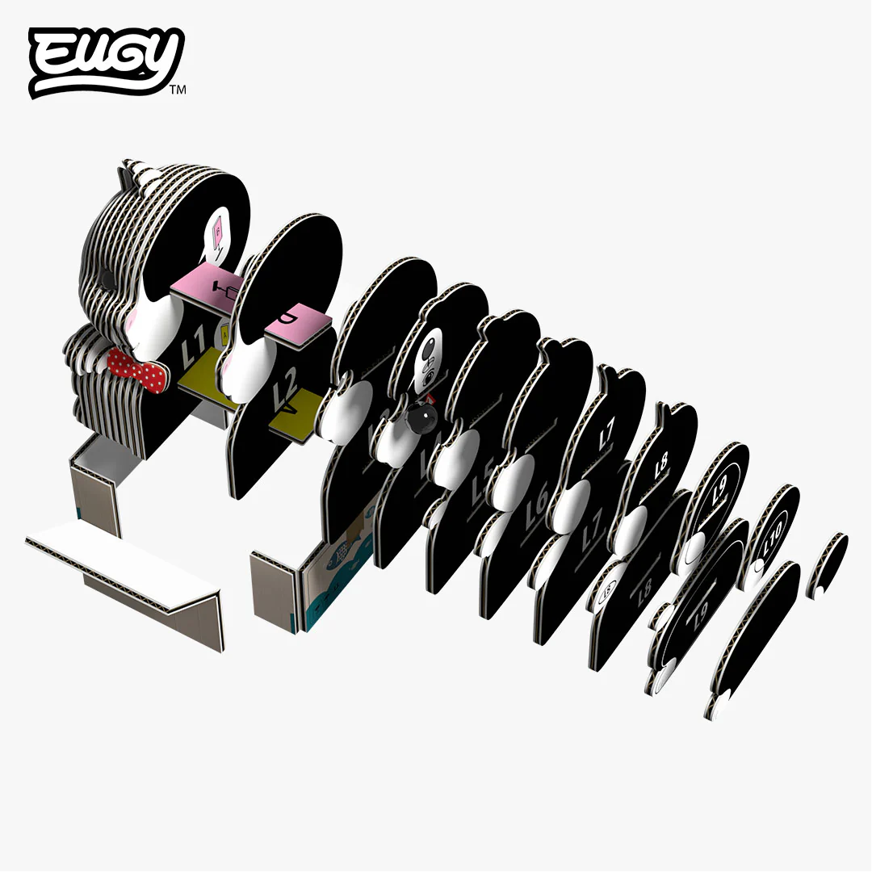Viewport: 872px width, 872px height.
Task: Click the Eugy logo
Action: click(x=105, y=61)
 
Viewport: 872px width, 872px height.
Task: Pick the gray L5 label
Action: click(x=484, y=472)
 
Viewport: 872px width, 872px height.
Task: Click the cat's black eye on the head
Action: click(x=105, y=278)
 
